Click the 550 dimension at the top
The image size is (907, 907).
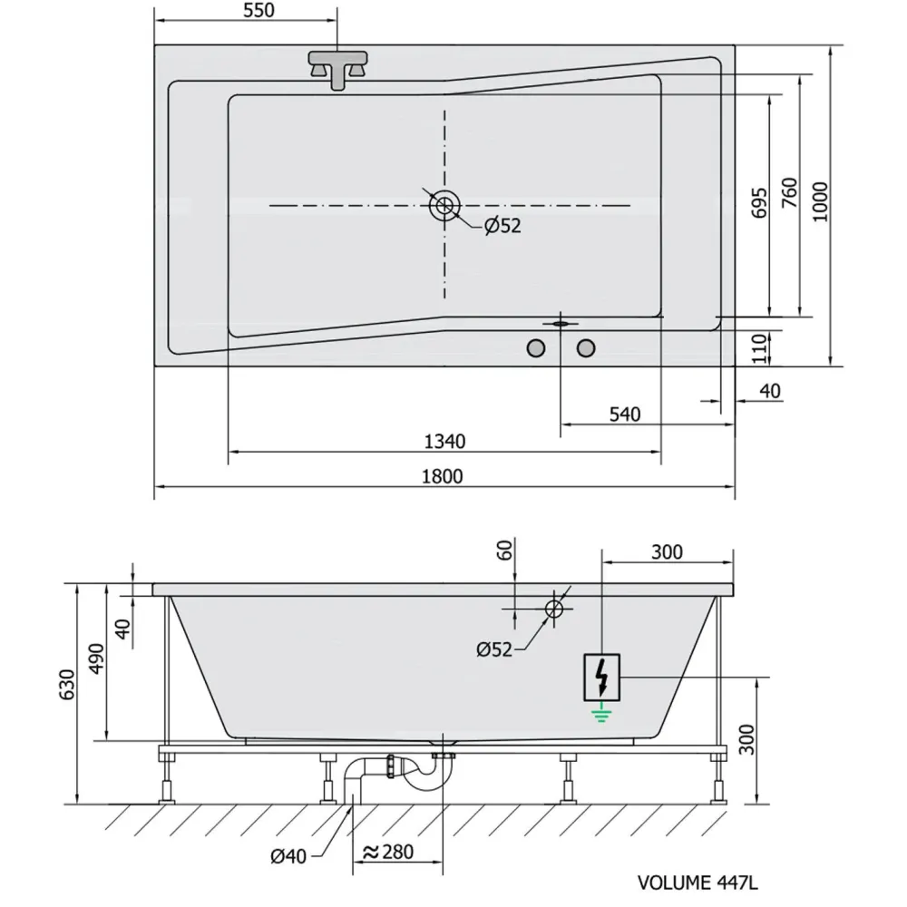[x=258, y=10]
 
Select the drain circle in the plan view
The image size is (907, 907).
[x=444, y=205]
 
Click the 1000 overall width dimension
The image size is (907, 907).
[x=820, y=201]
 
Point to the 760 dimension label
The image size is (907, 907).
[x=790, y=193]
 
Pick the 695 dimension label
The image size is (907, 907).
[x=759, y=202]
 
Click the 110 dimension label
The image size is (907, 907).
[x=760, y=348]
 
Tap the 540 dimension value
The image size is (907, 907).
[x=625, y=414]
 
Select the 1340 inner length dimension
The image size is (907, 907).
[x=444, y=442]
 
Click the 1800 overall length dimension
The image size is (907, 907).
[x=443, y=477]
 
